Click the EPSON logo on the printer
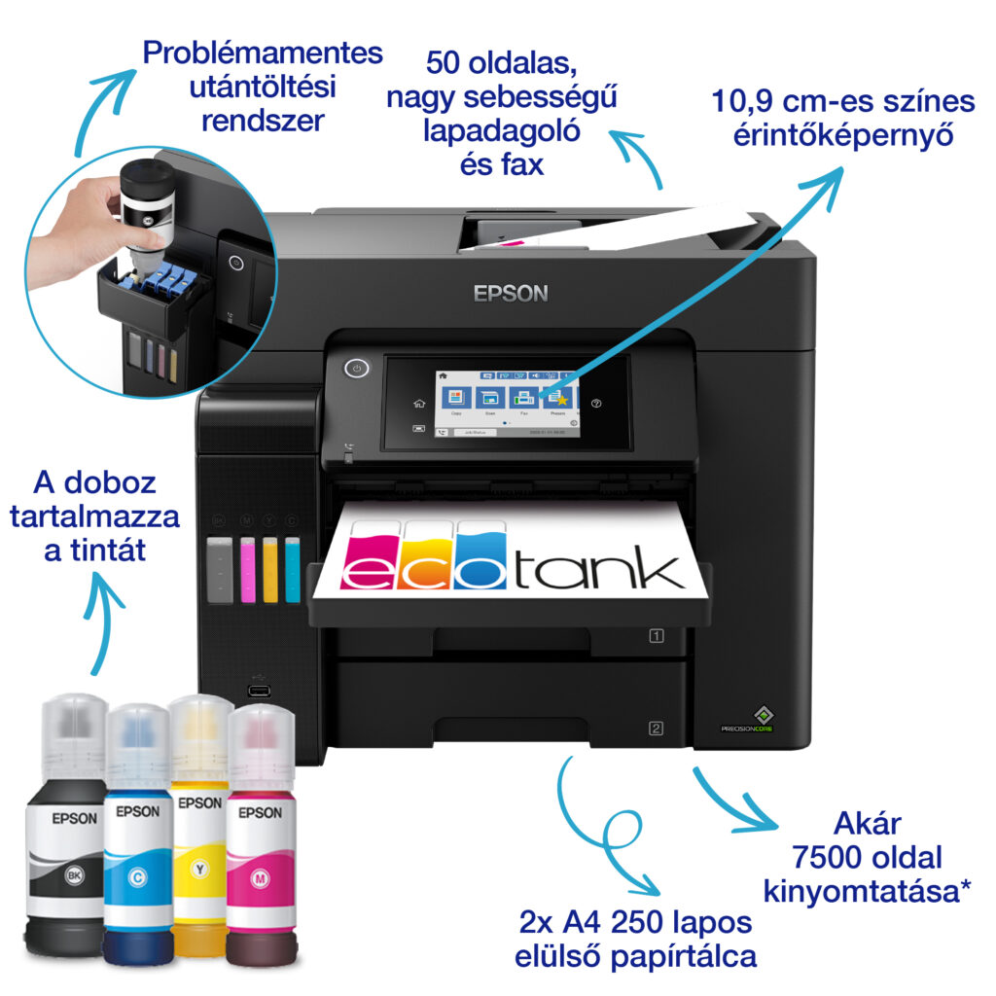click(511, 293)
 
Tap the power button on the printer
click(358, 369)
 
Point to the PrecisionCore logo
click(747, 720)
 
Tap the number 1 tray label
click(657, 637)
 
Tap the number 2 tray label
click(657, 728)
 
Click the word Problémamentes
click(263, 53)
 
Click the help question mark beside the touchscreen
click(597, 403)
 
